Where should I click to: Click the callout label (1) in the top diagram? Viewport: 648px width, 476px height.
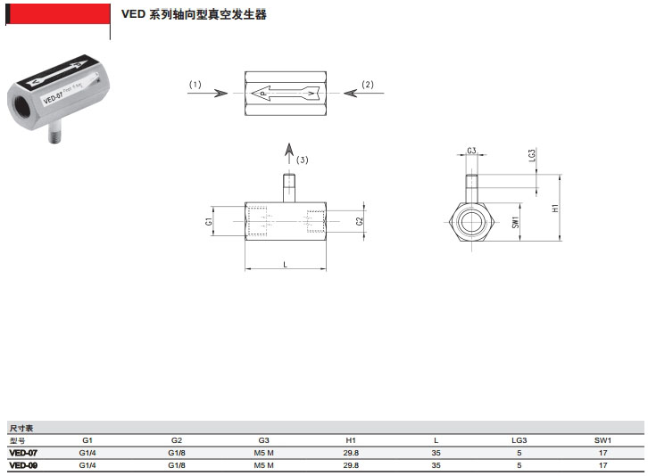195,85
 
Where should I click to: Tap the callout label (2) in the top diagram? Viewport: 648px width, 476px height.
368,85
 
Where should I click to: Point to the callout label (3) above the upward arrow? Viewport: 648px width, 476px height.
303,160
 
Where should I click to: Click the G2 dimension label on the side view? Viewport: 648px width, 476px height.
360,220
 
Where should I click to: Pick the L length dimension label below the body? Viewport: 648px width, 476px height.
285,264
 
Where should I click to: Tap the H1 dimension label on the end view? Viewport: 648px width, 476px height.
554,208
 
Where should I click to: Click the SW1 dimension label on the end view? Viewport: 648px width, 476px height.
515,222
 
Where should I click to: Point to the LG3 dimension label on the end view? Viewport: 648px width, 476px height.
532,155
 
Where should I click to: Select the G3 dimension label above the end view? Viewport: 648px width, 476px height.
470,152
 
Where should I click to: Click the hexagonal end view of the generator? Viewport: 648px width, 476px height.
470,221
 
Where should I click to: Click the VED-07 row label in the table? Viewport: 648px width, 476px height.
23,453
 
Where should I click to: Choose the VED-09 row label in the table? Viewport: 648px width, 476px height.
23,464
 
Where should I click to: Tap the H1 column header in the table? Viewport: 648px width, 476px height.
351,440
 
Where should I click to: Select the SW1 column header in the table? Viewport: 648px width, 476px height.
603,440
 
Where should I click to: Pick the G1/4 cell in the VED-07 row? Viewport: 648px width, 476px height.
87,453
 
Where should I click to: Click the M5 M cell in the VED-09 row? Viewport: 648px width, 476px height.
263,464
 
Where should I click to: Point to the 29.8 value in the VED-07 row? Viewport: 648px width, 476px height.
351,453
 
